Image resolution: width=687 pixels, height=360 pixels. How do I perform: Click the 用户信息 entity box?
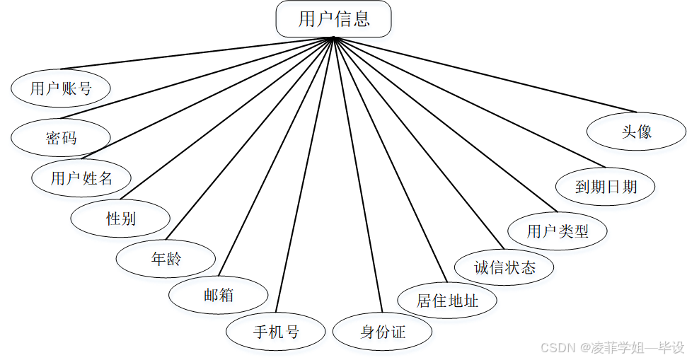tap(333, 19)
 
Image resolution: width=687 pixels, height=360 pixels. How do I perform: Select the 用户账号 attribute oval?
tap(61, 88)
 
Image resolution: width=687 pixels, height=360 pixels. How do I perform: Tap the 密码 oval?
tap(61, 137)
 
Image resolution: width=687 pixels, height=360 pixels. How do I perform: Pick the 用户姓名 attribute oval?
tap(81, 178)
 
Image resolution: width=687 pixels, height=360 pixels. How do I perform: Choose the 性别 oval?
tap(120, 219)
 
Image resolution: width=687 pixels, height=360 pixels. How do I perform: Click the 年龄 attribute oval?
tap(166, 259)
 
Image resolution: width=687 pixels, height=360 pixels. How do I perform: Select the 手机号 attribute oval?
tap(276, 332)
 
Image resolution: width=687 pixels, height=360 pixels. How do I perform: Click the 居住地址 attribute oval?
tap(447, 301)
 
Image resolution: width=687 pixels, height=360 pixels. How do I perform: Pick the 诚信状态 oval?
tap(504, 267)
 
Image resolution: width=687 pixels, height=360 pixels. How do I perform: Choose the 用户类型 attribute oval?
tap(558, 231)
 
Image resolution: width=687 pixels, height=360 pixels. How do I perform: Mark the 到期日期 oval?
tap(606, 187)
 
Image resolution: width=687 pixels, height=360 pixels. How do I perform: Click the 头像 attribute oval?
tap(636, 132)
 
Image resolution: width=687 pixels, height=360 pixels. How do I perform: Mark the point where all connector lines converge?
tap(333, 38)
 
